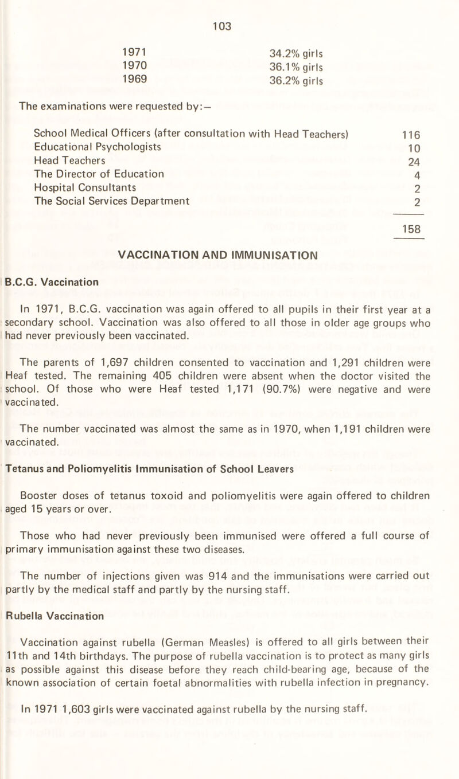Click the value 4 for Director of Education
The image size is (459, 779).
coord(418,174)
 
